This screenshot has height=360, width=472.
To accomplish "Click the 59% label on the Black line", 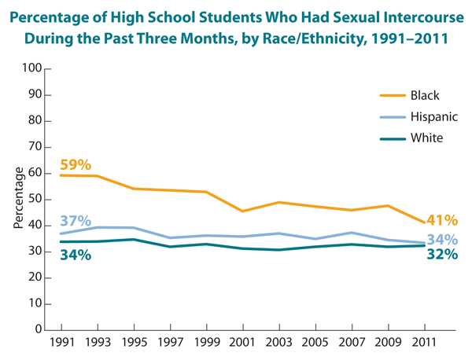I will (76, 165).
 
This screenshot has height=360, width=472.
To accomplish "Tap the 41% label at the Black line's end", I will (441, 221).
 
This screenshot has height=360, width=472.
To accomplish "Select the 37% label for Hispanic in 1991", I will (76, 221).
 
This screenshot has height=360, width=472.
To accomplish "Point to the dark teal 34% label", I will (76, 255).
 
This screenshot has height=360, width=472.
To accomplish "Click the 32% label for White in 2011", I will (441, 255).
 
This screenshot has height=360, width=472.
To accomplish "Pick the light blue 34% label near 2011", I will (442, 239).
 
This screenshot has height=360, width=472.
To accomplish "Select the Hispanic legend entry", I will (432, 116).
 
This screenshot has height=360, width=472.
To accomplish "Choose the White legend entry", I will (426, 138).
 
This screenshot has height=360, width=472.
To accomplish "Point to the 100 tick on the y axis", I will (31, 69).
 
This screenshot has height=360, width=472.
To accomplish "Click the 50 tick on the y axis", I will (35, 200).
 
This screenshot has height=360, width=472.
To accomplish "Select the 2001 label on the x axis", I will (242, 344).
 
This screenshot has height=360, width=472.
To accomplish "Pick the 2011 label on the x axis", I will (425, 344).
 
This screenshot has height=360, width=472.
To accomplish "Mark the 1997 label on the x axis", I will (169, 344).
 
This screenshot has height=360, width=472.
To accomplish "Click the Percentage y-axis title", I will (17, 197).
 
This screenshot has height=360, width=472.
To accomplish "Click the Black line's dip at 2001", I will (242, 211).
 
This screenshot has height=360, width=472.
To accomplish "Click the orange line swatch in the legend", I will (391, 96).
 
